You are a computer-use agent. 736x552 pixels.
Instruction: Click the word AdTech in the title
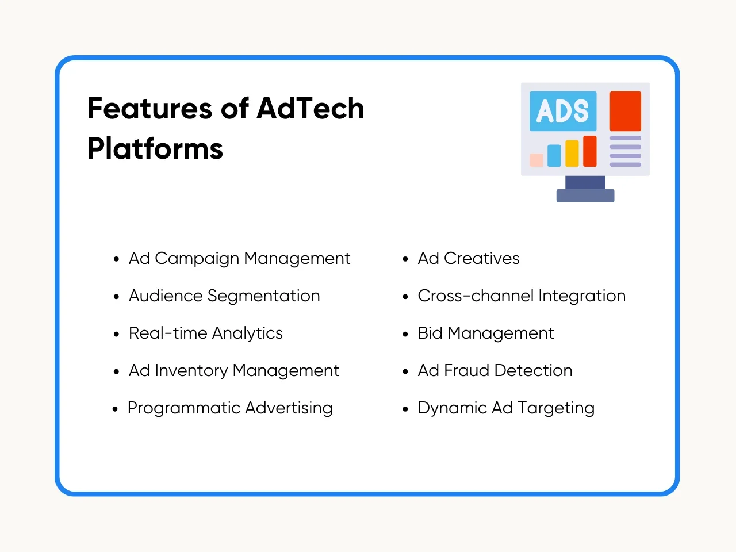pos(310,108)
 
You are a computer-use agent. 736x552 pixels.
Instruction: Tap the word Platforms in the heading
pos(155,149)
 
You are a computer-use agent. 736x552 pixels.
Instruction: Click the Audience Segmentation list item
pos(224,296)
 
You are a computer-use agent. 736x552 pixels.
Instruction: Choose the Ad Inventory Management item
pos(233,371)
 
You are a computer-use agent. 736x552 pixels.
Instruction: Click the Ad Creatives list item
pos(469,259)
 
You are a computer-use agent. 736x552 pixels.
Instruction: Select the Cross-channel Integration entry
pos(522,296)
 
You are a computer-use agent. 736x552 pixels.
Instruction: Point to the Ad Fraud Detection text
pos(495,371)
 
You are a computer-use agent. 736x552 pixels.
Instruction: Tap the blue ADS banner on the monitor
pos(563,111)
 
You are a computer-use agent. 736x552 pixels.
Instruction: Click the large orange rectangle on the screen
pos(626,111)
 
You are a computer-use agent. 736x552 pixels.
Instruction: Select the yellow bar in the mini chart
pos(572,154)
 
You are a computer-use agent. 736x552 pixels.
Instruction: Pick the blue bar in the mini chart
pos(554,155)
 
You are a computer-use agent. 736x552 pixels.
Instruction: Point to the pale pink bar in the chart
pos(536,160)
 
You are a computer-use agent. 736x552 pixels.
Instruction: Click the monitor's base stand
pos(585,195)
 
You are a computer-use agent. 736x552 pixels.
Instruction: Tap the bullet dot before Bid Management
pos(405,334)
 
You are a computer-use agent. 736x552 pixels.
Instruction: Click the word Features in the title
pos(149,108)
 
